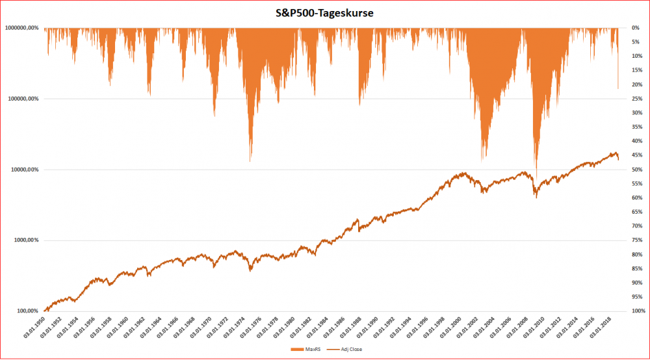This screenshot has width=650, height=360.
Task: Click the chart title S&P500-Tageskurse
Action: click(x=324, y=12)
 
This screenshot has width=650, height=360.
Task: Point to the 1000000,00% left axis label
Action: click(x=21, y=28)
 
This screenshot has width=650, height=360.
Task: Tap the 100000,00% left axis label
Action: click(x=23, y=99)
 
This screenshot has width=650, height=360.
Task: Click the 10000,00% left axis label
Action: click(x=25, y=170)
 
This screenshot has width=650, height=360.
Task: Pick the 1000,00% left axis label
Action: click(x=27, y=240)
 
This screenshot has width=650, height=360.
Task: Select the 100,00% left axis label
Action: click(x=28, y=311)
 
